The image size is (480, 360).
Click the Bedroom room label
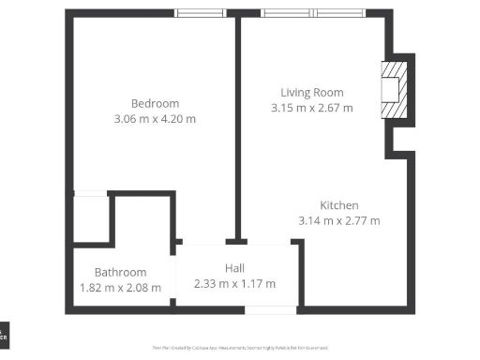tap(155, 103)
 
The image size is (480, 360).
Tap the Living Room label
tap(312, 92)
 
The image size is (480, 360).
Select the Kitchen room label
tap(338, 205)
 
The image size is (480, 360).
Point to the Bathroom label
tap(120, 272)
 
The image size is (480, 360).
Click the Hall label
tap(234, 268)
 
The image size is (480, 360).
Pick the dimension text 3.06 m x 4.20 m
tap(155, 119)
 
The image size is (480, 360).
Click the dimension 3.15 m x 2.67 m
tap(312, 108)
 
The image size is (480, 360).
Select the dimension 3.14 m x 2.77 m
tap(338, 221)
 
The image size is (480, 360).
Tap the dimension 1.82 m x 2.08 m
tap(120, 288)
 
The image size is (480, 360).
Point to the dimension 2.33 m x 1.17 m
tap(234, 283)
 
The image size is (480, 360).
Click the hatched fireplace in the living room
tap(394, 90)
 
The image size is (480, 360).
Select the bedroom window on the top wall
tap(201, 13)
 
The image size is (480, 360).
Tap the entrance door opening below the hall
tap(270, 309)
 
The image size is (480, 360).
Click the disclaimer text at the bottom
tap(239, 347)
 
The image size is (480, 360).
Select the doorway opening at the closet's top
tap(90, 193)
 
